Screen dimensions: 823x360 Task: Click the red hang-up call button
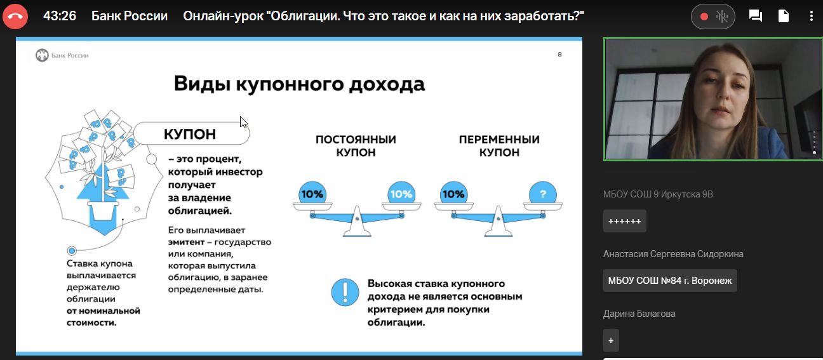(15, 16)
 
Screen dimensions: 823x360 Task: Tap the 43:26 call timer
(60, 16)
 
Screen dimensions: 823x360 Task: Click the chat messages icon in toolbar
(756, 16)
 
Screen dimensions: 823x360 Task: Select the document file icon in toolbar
(784, 16)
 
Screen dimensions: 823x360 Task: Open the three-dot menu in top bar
(811, 16)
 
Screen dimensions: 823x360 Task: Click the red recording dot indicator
(704, 17)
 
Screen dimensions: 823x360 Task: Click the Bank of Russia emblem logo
(42, 55)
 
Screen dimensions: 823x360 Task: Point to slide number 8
(559, 55)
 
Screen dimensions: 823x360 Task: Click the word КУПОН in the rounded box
(190, 134)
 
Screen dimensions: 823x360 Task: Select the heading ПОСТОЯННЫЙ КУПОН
(356, 145)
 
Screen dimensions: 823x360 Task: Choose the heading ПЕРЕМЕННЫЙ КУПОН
(499, 145)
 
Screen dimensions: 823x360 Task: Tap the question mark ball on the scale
(543, 194)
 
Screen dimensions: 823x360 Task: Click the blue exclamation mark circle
(345, 292)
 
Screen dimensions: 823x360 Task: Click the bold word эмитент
(186, 242)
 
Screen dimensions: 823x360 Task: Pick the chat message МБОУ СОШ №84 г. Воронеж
(670, 281)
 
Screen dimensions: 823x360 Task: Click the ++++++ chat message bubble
(625, 221)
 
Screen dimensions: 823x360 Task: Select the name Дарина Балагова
(639, 314)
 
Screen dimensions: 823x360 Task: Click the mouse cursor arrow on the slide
(243, 122)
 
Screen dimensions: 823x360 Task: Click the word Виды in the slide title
(202, 84)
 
